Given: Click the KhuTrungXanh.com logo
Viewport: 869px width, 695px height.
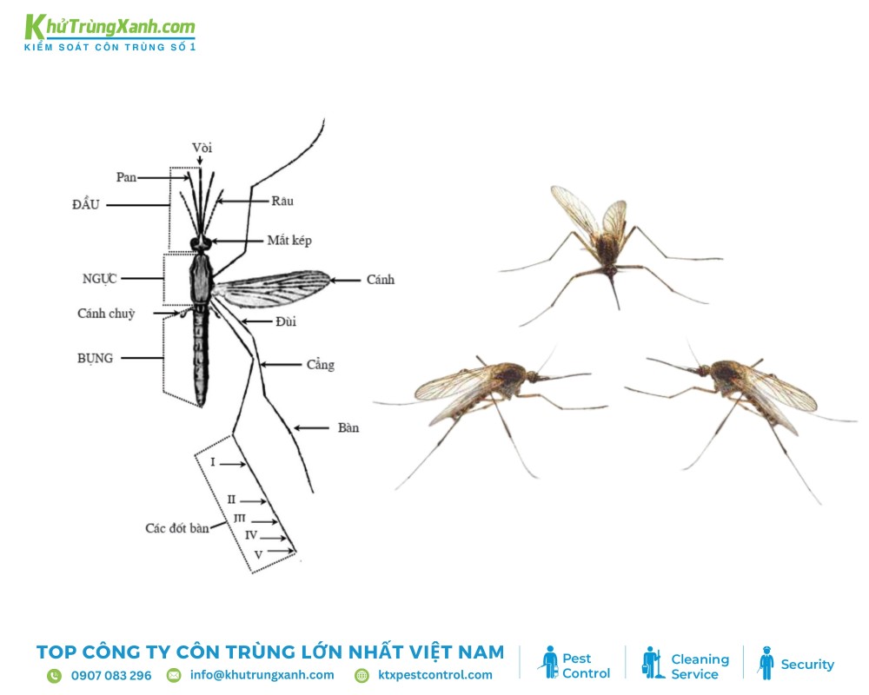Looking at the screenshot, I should click(x=110, y=31).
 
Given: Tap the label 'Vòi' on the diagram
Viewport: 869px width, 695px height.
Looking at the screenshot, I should click(x=202, y=147).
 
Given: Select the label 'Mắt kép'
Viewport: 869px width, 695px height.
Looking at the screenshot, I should click(x=289, y=241).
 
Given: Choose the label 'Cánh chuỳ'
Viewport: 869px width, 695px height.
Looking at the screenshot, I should click(x=106, y=314).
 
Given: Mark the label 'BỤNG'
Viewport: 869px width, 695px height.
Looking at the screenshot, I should click(x=95, y=357).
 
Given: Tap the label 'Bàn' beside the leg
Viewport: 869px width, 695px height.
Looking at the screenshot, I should click(x=348, y=427).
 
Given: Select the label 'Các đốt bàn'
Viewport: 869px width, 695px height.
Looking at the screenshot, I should click(x=176, y=527).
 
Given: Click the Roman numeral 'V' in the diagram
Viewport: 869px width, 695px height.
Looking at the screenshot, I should click(x=258, y=553).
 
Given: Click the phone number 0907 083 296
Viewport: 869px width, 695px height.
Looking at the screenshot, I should click(x=111, y=675).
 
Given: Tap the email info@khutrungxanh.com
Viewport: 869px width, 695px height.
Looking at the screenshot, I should click(x=262, y=675).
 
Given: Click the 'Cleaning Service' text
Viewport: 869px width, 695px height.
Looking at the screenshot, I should click(x=700, y=666).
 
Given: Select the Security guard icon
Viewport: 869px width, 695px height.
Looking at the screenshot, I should click(x=766, y=663).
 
